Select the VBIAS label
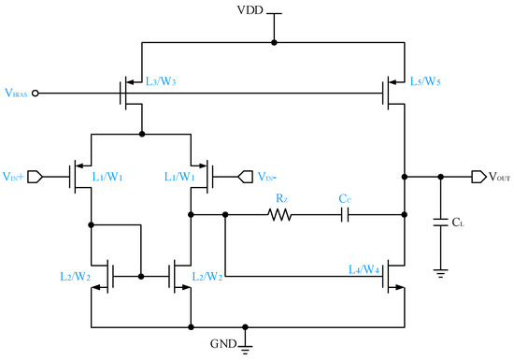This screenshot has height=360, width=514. pos(16,93)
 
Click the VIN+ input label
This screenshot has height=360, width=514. pos(14,175)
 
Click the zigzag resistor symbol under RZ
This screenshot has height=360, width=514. pos(279,215)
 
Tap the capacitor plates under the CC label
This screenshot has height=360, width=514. pos(345,215)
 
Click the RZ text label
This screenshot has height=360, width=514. pos(279,198)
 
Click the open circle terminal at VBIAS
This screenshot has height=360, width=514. pos(36,93)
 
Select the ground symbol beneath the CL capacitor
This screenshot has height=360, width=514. pos(439,272)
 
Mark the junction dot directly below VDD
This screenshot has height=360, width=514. pos(274,42)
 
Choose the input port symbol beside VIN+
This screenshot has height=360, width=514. pos(38,175)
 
